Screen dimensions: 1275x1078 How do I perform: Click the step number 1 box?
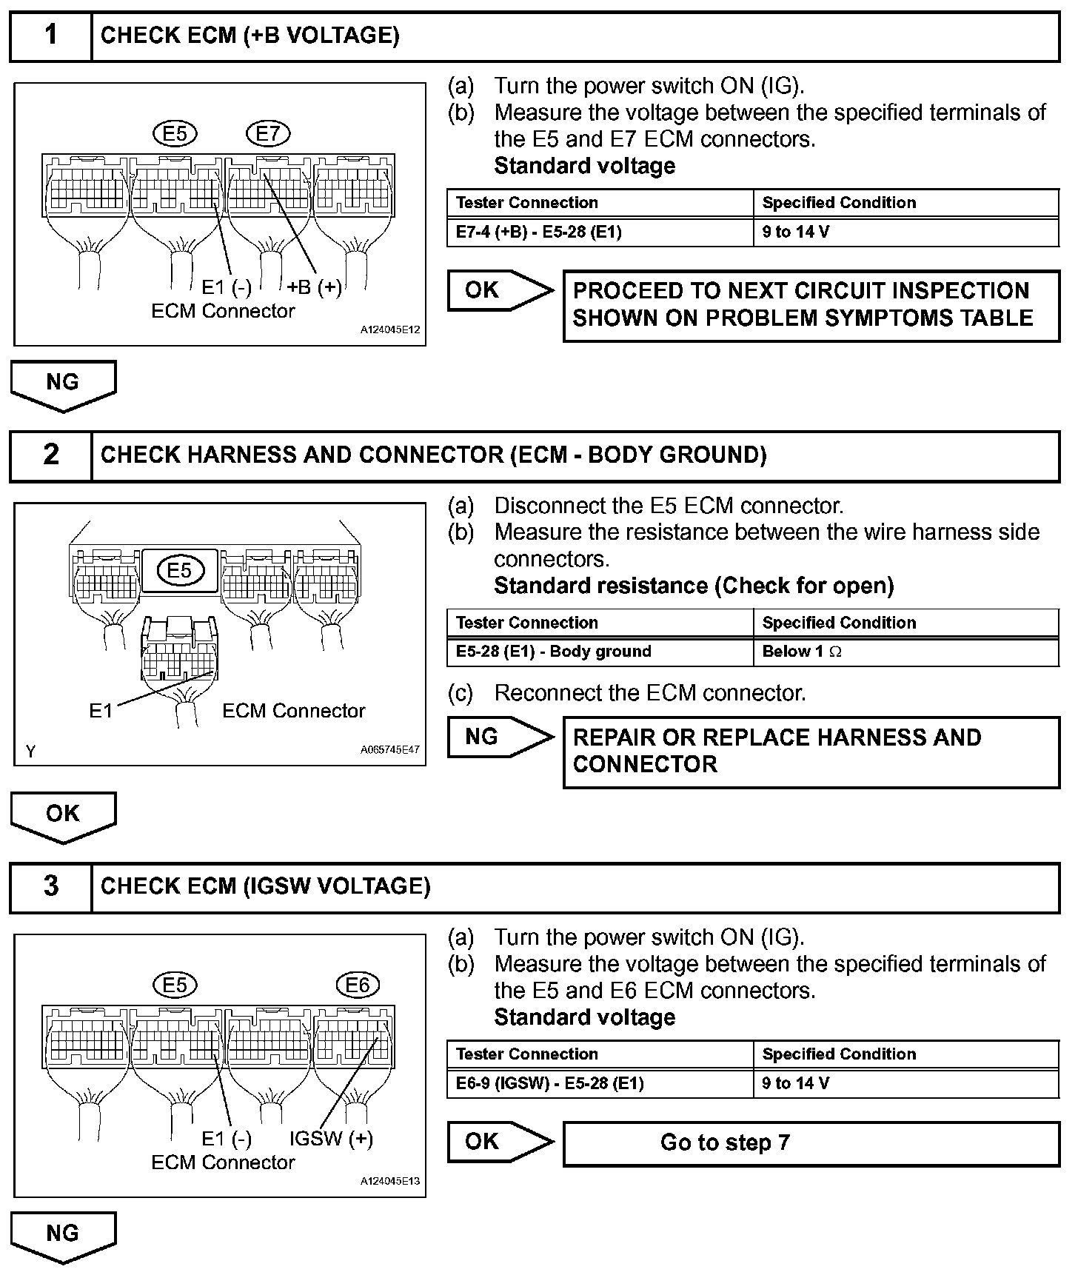click(50, 36)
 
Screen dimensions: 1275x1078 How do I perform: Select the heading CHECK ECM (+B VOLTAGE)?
click(250, 36)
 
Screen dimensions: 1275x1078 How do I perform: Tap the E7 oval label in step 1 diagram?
click(268, 133)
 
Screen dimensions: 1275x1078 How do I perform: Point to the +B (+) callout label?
click(315, 287)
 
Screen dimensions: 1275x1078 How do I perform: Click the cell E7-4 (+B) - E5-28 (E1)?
click(539, 232)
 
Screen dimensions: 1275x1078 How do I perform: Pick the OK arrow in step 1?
click(499, 290)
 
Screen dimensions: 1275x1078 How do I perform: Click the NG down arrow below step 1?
click(63, 384)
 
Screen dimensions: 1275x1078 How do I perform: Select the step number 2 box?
click(50, 455)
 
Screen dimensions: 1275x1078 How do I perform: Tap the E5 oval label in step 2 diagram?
click(180, 569)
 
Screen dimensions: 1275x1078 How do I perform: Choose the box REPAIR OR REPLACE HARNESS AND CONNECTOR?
click(811, 751)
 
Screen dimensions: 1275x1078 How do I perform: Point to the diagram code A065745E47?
click(389, 749)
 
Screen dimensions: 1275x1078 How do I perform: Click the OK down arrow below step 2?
click(63, 814)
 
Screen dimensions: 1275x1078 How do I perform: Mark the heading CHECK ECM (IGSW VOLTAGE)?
click(265, 886)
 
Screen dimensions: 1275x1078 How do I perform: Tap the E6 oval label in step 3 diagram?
click(358, 985)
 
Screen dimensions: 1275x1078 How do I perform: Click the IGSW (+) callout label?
click(331, 1139)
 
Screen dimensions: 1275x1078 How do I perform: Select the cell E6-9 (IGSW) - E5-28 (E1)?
click(550, 1083)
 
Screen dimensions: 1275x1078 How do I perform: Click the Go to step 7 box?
click(811, 1143)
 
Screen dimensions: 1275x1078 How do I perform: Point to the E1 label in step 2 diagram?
click(101, 711)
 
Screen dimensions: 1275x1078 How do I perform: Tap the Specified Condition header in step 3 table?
click(839, 1054)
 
